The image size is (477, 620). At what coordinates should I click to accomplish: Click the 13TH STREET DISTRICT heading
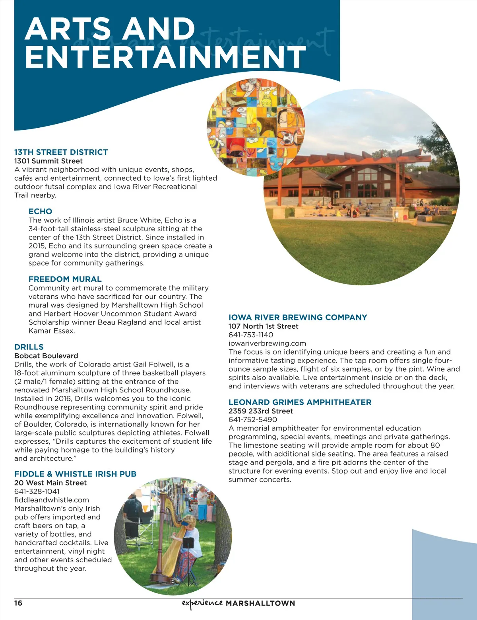(x=61, y=152)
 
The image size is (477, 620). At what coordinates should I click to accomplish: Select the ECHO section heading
(x=40, y=211)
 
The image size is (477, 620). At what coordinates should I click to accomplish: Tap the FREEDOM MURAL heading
(x=65, y=279)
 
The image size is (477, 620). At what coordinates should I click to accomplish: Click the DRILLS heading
(x=29, y=347)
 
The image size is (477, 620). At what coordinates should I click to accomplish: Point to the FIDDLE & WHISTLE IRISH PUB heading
(x=75, y=474)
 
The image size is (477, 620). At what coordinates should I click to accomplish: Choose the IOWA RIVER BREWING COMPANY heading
(x=297, y=317)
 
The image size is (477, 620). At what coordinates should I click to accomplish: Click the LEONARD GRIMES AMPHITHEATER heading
(x=300, y=402)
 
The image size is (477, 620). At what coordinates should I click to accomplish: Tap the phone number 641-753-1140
(x=250, y=335)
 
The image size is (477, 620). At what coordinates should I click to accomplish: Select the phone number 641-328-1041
(x=37, y=491)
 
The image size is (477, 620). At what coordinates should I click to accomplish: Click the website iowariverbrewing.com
(x=267, y=343)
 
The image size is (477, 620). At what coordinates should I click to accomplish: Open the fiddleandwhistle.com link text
(x=51, y=500)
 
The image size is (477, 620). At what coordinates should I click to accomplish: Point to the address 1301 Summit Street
(x=48, y=161)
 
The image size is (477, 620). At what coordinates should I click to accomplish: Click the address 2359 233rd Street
(x=260, y=411)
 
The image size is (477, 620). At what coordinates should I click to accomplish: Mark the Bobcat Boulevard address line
(x=46, y=356)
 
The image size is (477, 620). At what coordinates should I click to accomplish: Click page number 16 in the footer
(x=18, y=603)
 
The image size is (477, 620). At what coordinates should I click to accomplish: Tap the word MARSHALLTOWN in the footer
(x=260, y=603)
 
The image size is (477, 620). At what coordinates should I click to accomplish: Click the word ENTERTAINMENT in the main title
(x=165, y=57)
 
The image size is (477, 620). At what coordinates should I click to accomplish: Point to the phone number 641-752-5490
(x=252, y=419)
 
